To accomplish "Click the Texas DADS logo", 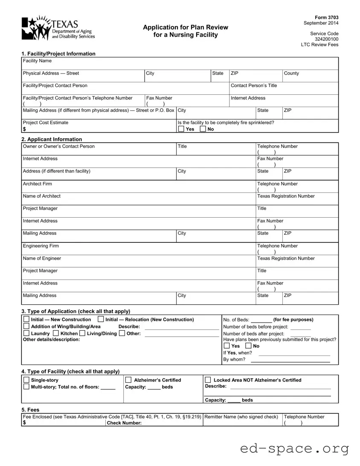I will click(x=58, y=28).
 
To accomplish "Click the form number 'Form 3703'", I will click(x=329, y=17).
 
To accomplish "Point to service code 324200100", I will click(x=326, y=39).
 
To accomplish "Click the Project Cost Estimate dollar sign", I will click(x=24, y=129).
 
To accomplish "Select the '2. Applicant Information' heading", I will click(x=52, y=139).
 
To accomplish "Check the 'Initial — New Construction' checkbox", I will click(x=26, y=320).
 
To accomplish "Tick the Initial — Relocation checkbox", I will click(x=101, y=320).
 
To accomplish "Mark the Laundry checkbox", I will click(x=26, y=333).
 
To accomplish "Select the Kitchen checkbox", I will click(x=56, y=333).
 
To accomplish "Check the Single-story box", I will click(x=26, y=380).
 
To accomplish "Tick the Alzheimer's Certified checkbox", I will click(x=128, y=380).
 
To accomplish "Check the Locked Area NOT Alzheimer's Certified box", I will click(x=208, y=380).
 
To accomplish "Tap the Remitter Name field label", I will click(x=241, y=417).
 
